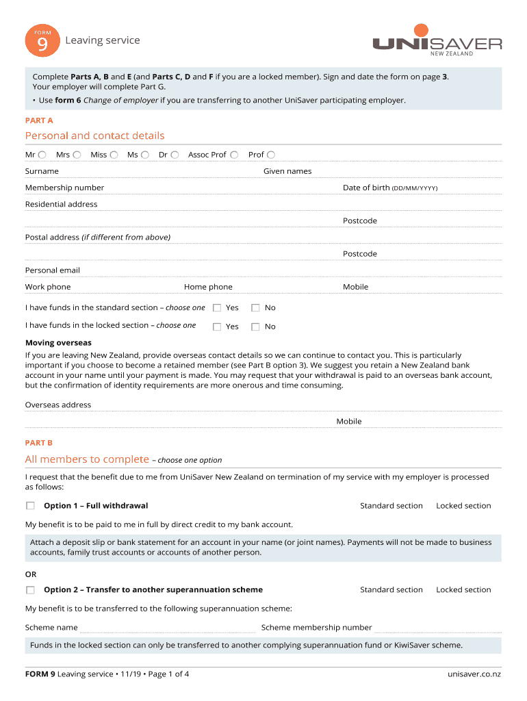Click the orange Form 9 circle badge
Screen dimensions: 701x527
pos(38,43)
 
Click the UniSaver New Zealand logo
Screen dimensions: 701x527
pos(437,42)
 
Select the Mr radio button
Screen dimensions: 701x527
pos(42,155)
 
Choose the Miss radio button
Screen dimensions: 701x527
pos(114,155)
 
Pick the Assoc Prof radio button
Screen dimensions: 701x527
pos(234,155)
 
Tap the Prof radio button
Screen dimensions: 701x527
pos(271,155)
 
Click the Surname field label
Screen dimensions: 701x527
pos(42,171)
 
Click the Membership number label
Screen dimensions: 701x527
pos(64,188)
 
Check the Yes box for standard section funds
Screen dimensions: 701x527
pos(217,308)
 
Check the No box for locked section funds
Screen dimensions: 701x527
pos(255,327)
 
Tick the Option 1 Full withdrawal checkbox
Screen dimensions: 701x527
pos(30,506)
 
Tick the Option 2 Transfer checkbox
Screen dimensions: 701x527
pos(30,589)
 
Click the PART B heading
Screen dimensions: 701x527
pos(39,443)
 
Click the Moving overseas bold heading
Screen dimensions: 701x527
pos(58,342)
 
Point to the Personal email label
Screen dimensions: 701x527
pos(53,270)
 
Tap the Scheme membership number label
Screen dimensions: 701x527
pos(316,627)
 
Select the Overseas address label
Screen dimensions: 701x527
pos(58,405)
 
